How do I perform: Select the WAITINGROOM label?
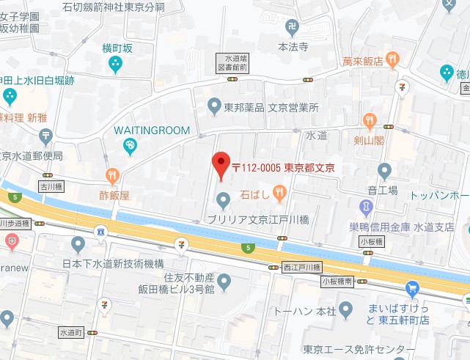pos(151,130)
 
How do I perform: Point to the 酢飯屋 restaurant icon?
pos(112,176)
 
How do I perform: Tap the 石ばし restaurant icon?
pos(279,192)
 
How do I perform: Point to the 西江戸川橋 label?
pos(301,268)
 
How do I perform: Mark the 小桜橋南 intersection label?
pos(337,281)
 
